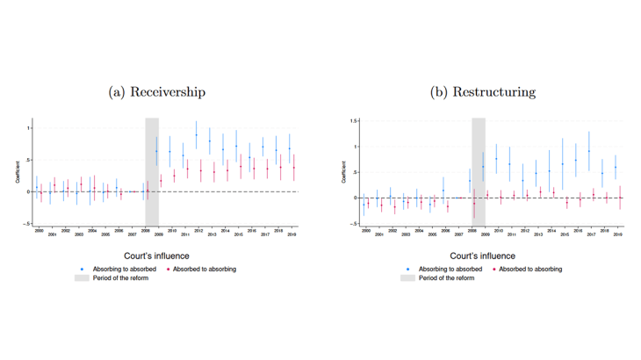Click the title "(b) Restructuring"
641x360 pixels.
point(482,91)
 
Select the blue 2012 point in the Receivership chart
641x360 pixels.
point(196,135)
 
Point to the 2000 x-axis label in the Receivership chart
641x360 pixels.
point(37,230)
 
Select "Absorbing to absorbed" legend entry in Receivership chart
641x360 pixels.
point(115,269)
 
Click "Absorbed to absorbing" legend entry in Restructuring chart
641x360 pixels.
point(529,269)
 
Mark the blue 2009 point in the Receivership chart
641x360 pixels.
point(156,151)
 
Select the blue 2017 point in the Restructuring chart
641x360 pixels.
point(589,151)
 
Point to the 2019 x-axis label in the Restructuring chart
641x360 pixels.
point(618,234)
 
